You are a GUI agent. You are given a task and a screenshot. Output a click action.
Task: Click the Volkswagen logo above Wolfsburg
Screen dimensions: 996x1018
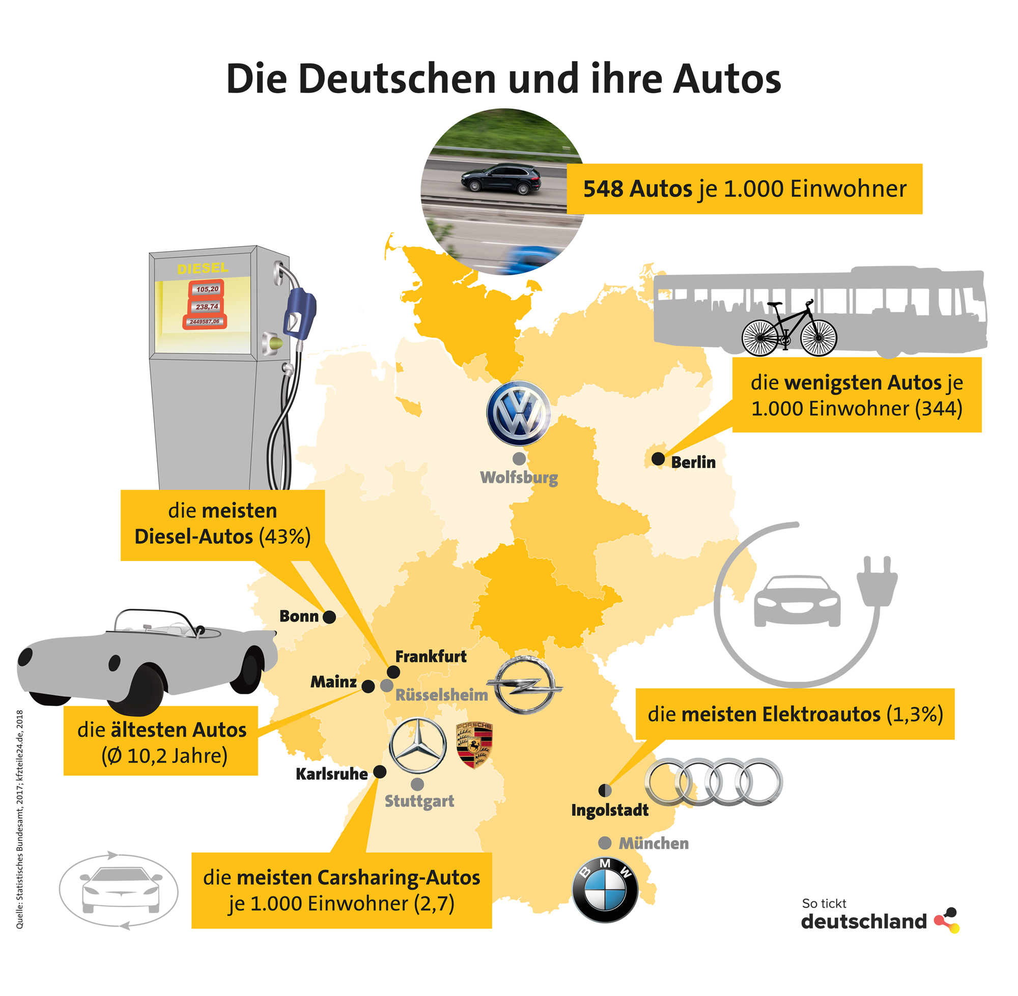pos(519,413)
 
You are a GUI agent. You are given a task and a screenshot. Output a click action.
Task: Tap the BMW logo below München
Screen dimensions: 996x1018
pos(605,890)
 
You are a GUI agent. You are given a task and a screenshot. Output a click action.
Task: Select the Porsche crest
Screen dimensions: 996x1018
pos(474,745)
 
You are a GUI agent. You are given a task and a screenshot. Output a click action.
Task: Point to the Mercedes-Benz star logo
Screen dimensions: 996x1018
pos(418,745)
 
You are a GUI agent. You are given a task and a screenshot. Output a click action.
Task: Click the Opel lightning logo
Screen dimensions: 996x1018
pos(524,686)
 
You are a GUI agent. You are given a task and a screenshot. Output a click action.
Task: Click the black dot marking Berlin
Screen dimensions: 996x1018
pos(658,459)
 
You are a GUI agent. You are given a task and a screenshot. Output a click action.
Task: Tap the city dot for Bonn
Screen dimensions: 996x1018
pos(329,617)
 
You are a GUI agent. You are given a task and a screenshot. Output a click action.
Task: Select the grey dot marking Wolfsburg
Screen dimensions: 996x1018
pos(519,459)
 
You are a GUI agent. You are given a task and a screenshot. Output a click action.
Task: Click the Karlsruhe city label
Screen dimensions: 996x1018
pos(331,774)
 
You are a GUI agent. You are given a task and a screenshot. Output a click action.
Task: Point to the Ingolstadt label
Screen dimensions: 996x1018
pos(610,810)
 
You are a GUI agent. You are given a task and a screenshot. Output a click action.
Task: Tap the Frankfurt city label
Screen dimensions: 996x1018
pos(431,657)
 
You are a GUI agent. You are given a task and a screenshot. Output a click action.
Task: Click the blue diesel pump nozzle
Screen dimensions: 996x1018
pos(299,311)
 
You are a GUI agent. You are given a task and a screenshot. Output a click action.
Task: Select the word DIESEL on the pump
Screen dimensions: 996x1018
pos(203,269)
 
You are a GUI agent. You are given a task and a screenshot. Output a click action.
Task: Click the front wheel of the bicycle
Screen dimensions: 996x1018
pos(819,338)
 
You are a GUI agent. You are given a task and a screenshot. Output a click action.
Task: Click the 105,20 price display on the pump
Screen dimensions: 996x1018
pos(207,289)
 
